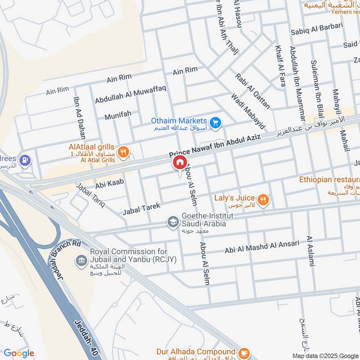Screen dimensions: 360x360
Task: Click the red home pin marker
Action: click(x=179, y=163)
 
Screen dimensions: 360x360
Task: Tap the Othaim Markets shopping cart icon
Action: click(x=216, y=122)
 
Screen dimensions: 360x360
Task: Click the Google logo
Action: click(x=18, y=354)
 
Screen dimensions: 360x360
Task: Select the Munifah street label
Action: click(x=118, y=116)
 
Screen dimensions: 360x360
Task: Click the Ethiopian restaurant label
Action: click(x=329, y=180)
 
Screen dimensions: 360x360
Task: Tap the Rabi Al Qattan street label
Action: click(x=252, y=91)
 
